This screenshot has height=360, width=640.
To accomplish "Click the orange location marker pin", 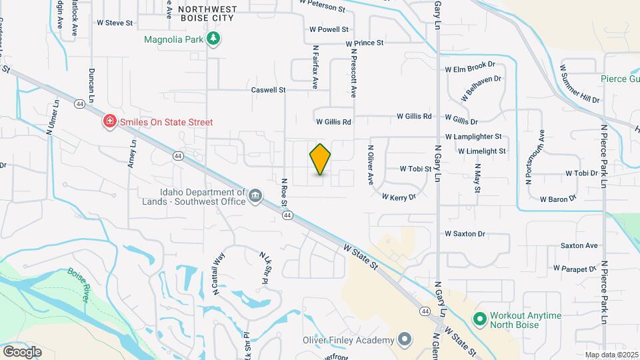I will coord(321,159).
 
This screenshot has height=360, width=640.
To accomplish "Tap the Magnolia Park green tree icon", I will coord(213,39).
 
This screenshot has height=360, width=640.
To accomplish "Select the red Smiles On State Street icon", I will coord(108,122).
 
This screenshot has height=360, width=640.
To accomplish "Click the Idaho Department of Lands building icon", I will coord(255,195).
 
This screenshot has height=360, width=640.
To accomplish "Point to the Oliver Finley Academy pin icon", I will coord(404,341).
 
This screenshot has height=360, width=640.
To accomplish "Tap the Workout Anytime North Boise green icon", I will coord(479,320).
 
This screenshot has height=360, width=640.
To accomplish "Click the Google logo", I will coord(22,351).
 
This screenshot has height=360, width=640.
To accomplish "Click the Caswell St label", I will coord(268,89).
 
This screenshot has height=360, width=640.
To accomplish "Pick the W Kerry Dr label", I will coord(399,197).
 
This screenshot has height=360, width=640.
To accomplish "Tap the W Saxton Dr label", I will coord(465,234).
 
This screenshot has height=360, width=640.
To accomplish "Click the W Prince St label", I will coord(365,43).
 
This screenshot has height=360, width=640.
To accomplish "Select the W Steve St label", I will coord(115,23).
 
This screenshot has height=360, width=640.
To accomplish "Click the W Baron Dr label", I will coord(558,199).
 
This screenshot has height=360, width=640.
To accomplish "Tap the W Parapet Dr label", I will coord(574,268).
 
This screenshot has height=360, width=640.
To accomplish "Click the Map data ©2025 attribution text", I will coord(611,355).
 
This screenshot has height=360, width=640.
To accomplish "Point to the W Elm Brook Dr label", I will coord(471,67).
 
